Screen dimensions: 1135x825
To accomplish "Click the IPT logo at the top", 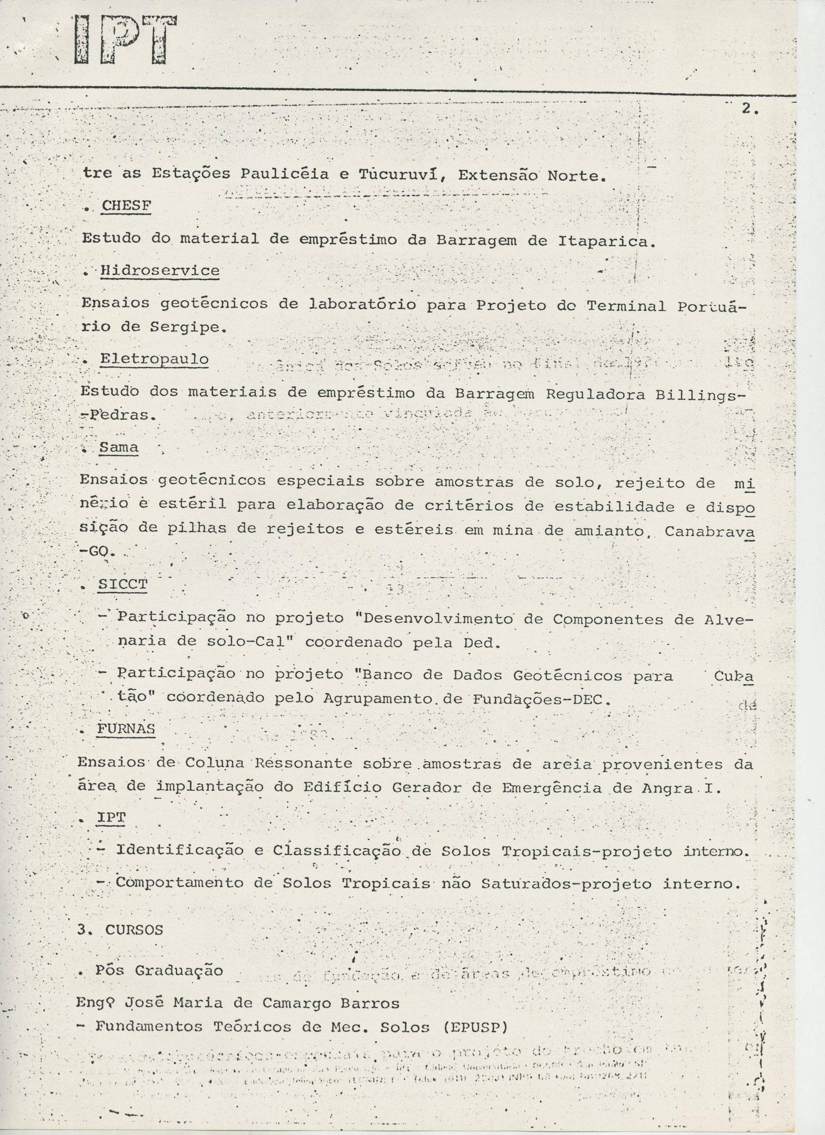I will [x=125, y=40].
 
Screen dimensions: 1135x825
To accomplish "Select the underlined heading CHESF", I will [x=126, y=205].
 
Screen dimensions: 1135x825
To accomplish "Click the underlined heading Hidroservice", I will [x=160, y=271].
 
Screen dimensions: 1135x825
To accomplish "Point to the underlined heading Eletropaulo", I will [x=154, y=359].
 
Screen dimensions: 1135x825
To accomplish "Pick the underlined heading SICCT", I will [x=123, y=584].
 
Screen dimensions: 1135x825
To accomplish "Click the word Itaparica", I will [x=606, y=241].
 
